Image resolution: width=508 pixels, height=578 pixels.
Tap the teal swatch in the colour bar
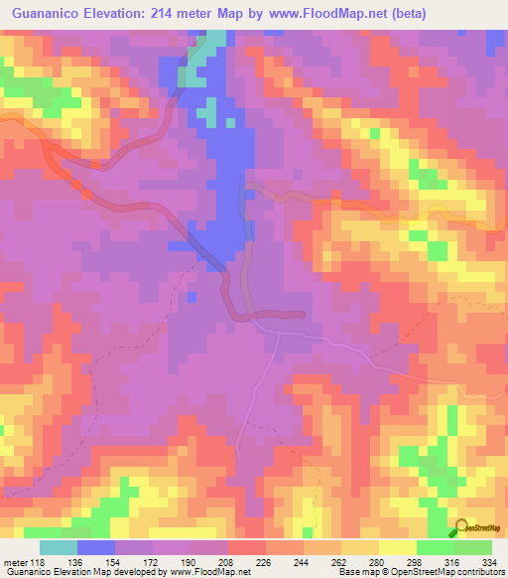[59, 547]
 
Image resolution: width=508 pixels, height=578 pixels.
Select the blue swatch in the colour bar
[96, 547]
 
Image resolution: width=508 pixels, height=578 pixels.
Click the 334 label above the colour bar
[491, 534]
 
